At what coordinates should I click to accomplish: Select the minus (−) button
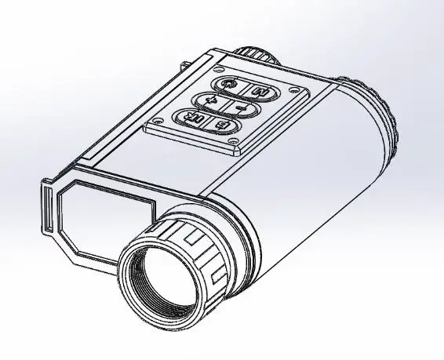click(240, 107)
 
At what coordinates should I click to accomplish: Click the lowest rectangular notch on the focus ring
click(217, 279)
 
